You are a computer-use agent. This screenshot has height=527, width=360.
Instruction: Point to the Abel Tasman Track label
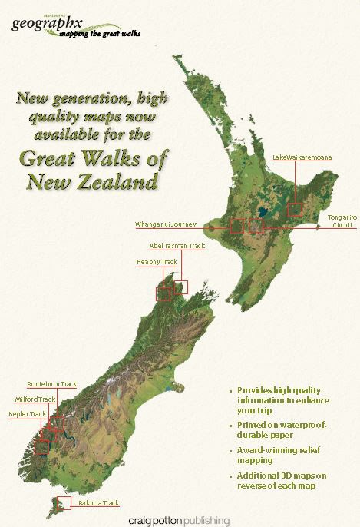(x=177, y=246)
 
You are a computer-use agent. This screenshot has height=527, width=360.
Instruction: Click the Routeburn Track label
(x=52, y=384)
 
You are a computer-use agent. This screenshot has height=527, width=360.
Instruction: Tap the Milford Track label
(x=36, y=399)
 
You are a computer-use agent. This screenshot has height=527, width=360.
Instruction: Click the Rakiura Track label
(x=98, y=503)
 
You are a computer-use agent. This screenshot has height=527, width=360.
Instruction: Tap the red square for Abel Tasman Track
(x=181, y=287)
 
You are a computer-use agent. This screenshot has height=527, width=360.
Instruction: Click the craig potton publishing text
(x=180, y=520)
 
